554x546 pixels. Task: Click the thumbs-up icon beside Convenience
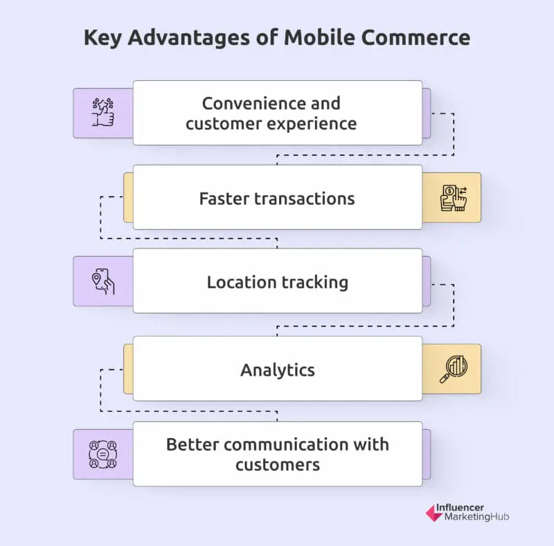pos(102,112)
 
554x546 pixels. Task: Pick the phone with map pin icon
pos(102,281)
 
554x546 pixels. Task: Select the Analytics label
pos(277,370)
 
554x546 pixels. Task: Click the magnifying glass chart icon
pos(454,369)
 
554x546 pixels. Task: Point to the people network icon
pos(102,454)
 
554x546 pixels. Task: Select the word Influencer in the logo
pos(461,507)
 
